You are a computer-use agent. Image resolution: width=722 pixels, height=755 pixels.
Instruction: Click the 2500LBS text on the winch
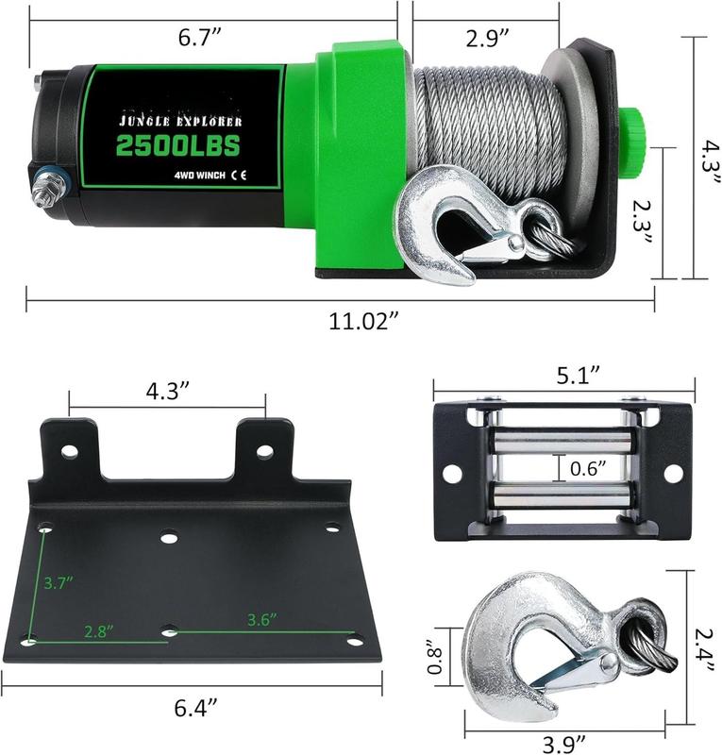click(178, 144)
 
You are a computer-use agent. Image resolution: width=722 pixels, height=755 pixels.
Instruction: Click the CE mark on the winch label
click(239, 175)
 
